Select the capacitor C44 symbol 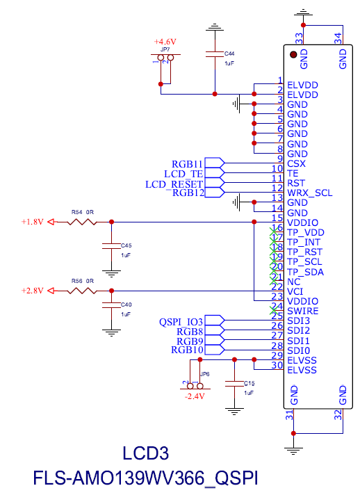(x=214, y=54)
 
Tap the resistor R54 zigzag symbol (x=82, y=222)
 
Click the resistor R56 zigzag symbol (x=82, y=291)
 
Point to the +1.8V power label (x=32, y=222)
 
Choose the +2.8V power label (x=32, y=291)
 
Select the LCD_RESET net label (x=174, y=184)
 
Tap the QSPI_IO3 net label (x=181, y=321)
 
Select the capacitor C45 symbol (x=110, y=245)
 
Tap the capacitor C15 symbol (x=235, y=383)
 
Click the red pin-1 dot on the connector (x=294, y=54)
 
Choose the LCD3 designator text (x=145, y=454)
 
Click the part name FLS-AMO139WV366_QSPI (x=145, y=478)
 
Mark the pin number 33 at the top (x=299, y=38)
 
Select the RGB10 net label (x=187, y=350)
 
